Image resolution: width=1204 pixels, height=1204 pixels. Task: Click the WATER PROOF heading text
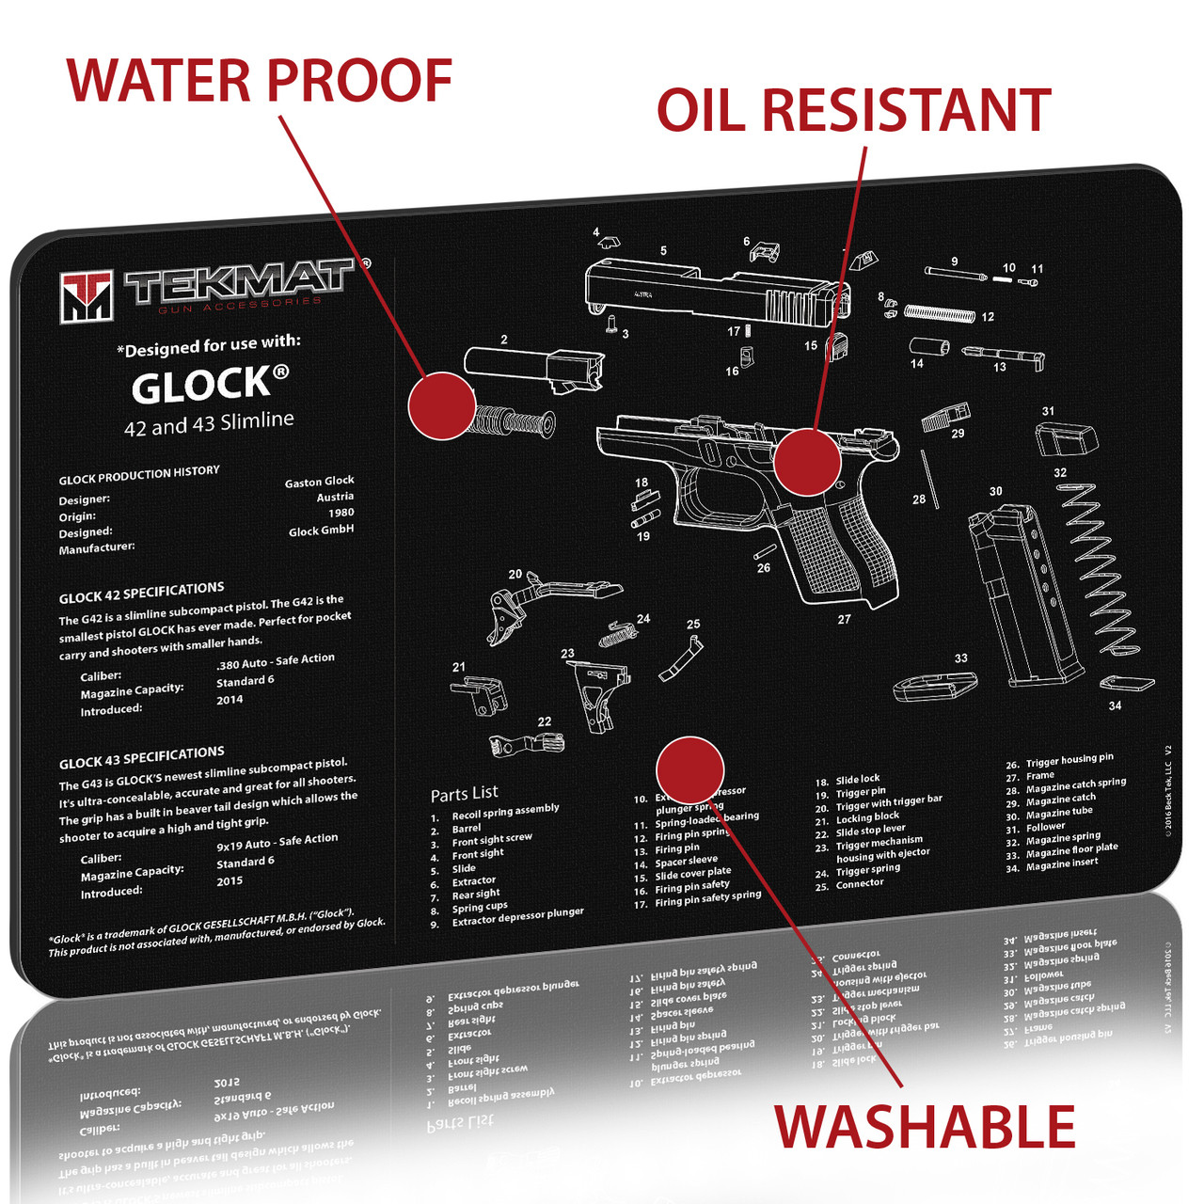tap(260, 81)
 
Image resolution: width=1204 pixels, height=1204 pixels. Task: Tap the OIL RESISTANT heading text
tap(852, 111)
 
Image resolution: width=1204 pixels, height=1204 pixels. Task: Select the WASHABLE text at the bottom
tap(924, 1127)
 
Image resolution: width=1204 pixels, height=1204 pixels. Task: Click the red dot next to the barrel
tap(442, 405)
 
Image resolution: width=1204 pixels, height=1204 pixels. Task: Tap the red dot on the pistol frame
tap(806, 461)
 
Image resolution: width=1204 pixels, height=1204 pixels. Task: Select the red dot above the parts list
tap(689, 769)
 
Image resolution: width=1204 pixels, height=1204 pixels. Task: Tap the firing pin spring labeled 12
tap(939, 312)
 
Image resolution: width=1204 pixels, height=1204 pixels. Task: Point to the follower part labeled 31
tap(1065, 439)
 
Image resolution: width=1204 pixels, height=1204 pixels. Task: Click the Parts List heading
tap(465, 794)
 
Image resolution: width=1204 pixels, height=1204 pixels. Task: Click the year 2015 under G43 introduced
tap(230, 881)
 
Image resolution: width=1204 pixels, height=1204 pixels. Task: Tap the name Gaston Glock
tap(319, 482)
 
